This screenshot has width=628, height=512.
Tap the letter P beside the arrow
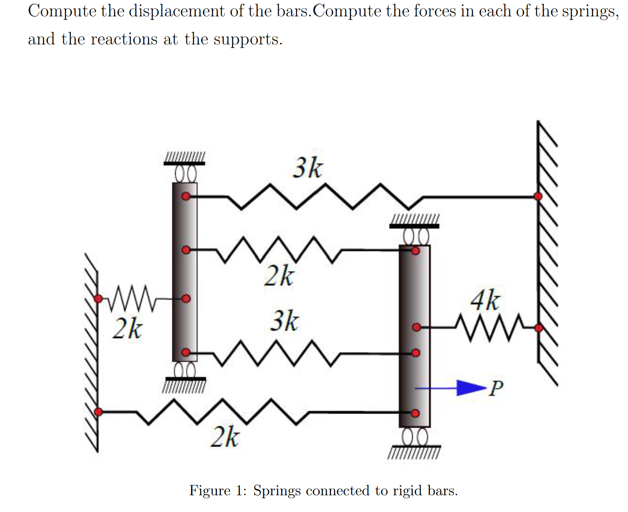click(496, 388)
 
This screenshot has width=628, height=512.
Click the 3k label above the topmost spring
click(308, 168)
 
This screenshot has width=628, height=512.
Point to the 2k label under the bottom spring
click(225, 437)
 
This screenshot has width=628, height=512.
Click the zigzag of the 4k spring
click(488, 327)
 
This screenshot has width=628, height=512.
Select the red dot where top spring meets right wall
click(538, 196)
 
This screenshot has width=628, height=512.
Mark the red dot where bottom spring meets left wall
click(98, 412)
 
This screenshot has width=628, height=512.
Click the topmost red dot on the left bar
click(186, 197)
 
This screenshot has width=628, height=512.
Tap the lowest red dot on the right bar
click(415, 414)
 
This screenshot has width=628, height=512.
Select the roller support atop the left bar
click(185, 173)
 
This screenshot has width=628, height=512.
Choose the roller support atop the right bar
click(415, 236)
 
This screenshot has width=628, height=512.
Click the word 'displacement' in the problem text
click(177, 11)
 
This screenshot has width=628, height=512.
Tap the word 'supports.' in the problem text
click(248, 39)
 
